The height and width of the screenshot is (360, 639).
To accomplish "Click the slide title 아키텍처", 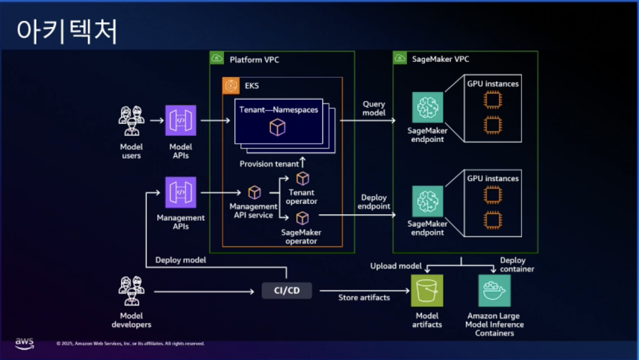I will click(x=66, y=32).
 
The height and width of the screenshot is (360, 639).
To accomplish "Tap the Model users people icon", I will click(x=131, y=120).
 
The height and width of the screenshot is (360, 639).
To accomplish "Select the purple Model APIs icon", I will click(x=181, y=120).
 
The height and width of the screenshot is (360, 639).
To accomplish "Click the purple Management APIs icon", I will click(x=181, y=192).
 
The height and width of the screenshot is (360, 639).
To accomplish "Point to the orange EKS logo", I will click(x=231, y=86).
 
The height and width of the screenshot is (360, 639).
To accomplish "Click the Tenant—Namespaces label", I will click(x=279, y=110).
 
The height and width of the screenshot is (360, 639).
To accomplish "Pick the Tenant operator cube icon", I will click(x=302, y=179).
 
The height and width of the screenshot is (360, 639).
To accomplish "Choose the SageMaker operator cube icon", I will click(x=302, y=218).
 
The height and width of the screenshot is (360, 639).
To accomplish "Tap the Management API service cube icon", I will click(x=255, y=192).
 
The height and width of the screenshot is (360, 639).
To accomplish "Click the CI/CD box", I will click(x=287, y=290).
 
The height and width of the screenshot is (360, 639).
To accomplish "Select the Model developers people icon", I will click(x=131, y=291).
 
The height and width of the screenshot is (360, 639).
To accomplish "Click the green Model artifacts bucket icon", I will click(x=427, y=290).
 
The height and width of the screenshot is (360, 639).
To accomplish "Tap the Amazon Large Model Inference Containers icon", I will click(x=494, y=290).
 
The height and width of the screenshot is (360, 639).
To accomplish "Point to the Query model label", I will click(x=374, y=108).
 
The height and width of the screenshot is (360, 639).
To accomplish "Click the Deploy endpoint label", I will click(x=374, y=202).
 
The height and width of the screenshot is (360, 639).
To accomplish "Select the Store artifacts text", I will click(x=364, y=297).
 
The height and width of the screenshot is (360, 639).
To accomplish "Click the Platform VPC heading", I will click(x=255, y=60).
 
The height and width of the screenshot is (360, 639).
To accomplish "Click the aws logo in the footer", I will click(x=24, y=343).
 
